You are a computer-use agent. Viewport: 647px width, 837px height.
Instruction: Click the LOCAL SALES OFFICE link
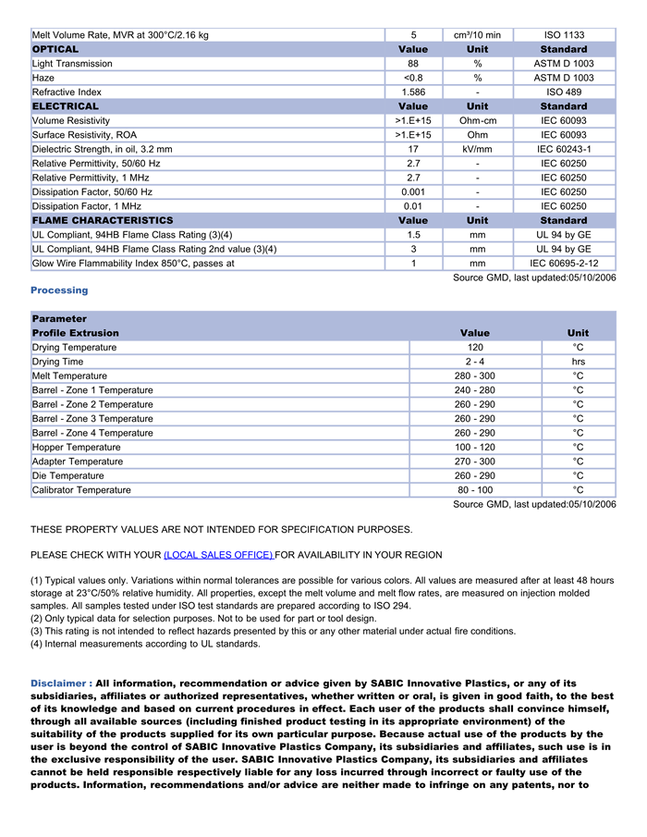(x=218, y=555)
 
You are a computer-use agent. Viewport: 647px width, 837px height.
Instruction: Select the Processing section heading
(x=59, y=290)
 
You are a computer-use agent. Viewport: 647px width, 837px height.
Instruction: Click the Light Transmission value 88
(x=413, y=64)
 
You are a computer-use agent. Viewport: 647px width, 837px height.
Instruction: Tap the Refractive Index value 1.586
(x=413, y=92)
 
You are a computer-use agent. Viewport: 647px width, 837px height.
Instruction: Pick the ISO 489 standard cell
(x=564, y=92)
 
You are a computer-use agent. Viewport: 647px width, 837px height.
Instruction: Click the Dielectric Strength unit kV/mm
(x=477, y=149)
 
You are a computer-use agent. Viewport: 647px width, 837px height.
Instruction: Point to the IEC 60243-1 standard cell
(x=564, y=149)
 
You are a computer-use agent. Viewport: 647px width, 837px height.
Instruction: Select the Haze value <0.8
(x=413, y=78)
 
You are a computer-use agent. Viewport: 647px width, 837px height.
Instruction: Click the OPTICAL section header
(x=55, y=49)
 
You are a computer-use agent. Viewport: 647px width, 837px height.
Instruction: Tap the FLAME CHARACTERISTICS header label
(x=103, y=221)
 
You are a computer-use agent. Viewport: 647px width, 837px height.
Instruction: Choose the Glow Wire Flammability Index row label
(x=133, y=264)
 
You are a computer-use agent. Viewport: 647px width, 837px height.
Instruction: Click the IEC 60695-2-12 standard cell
(x=564, y=264)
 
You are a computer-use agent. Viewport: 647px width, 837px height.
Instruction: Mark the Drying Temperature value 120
(x=475, y=348)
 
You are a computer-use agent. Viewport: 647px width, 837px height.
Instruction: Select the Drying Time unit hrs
(x=578, y=362)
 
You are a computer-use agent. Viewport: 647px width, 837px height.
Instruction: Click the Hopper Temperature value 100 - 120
(x=475, y=448)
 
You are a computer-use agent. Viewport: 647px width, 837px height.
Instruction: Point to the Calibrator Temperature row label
(x=81, y=490)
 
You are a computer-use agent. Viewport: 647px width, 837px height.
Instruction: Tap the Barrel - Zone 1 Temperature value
(x=475, y=390)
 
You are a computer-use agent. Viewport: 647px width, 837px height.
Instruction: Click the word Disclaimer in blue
(x=60, y=683)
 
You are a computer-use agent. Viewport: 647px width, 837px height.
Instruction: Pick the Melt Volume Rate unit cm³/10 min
(x=477, y=35)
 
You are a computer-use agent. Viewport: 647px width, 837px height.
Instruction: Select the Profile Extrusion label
(x=76, y=333)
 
